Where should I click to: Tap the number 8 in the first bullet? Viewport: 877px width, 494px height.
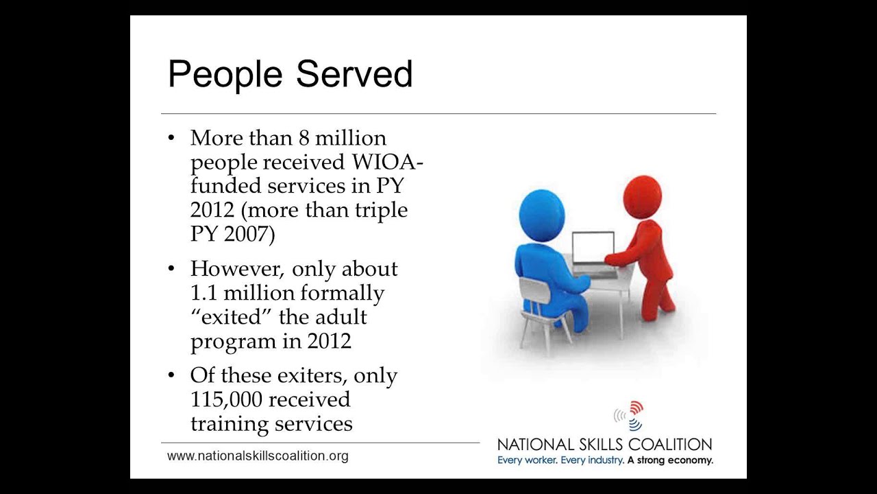point(304,138)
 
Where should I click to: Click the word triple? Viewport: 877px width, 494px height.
point(380,210)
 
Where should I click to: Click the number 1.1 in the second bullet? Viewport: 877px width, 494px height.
point(203,293)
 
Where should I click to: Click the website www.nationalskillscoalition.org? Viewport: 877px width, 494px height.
point(258,456)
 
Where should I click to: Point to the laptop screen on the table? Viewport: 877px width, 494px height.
point(593,248)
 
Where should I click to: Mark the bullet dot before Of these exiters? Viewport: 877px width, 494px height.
point(171,375)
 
